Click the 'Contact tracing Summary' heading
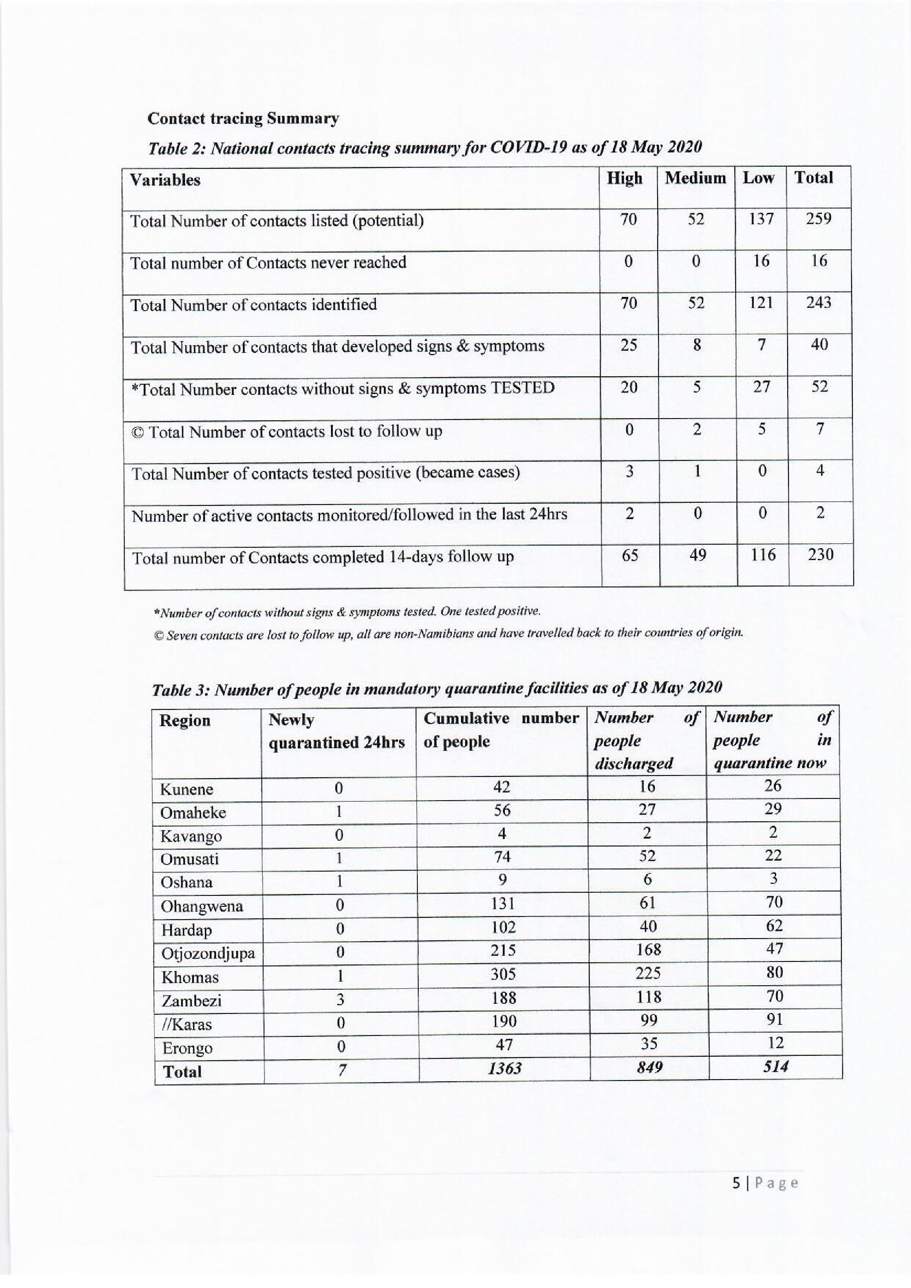coord(243,119)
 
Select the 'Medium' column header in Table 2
coord(695,178)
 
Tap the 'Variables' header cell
coord(165,180)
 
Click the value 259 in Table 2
coord(818,219)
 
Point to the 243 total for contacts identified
coord(818,303)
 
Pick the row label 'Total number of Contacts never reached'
coord(268,263)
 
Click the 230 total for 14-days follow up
coord(820,555)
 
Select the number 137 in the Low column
coord(761,219)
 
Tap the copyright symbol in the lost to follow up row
coord(138,432)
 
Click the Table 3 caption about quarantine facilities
coord(437,688)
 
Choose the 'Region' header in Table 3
coord(185,720)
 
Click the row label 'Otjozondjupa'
coord(208,953)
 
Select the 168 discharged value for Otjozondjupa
coord(648,950)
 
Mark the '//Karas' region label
coord(187,1024)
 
